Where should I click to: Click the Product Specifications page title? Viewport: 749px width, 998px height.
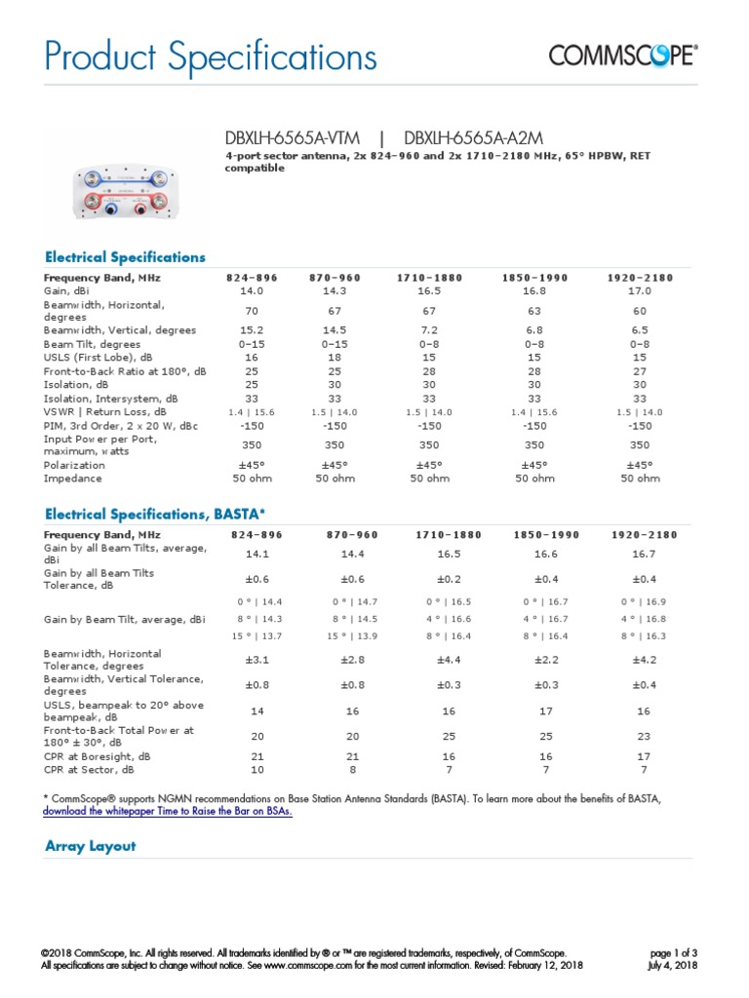point(211,58)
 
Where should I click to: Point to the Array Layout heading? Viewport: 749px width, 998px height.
point(91,846)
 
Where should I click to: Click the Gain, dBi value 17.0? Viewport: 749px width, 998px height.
point(640,290)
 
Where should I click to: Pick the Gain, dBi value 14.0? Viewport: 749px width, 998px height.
point(253,290)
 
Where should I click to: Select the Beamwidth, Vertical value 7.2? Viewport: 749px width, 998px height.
point(429,330)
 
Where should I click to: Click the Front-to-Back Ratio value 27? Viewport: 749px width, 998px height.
point(640,371)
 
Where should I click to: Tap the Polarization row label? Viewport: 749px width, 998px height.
point(74,465)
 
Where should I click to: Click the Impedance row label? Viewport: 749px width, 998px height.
point(72,479)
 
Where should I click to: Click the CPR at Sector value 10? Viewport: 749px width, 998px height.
point(253,769)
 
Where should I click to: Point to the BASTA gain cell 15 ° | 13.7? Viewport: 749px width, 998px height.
point(253,635)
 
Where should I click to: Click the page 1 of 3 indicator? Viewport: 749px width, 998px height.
point(673,952)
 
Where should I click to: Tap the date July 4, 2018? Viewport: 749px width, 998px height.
point(672,965)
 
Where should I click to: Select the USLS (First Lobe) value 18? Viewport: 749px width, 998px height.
point(335,358)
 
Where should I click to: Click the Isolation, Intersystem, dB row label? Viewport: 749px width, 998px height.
point(111,399)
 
